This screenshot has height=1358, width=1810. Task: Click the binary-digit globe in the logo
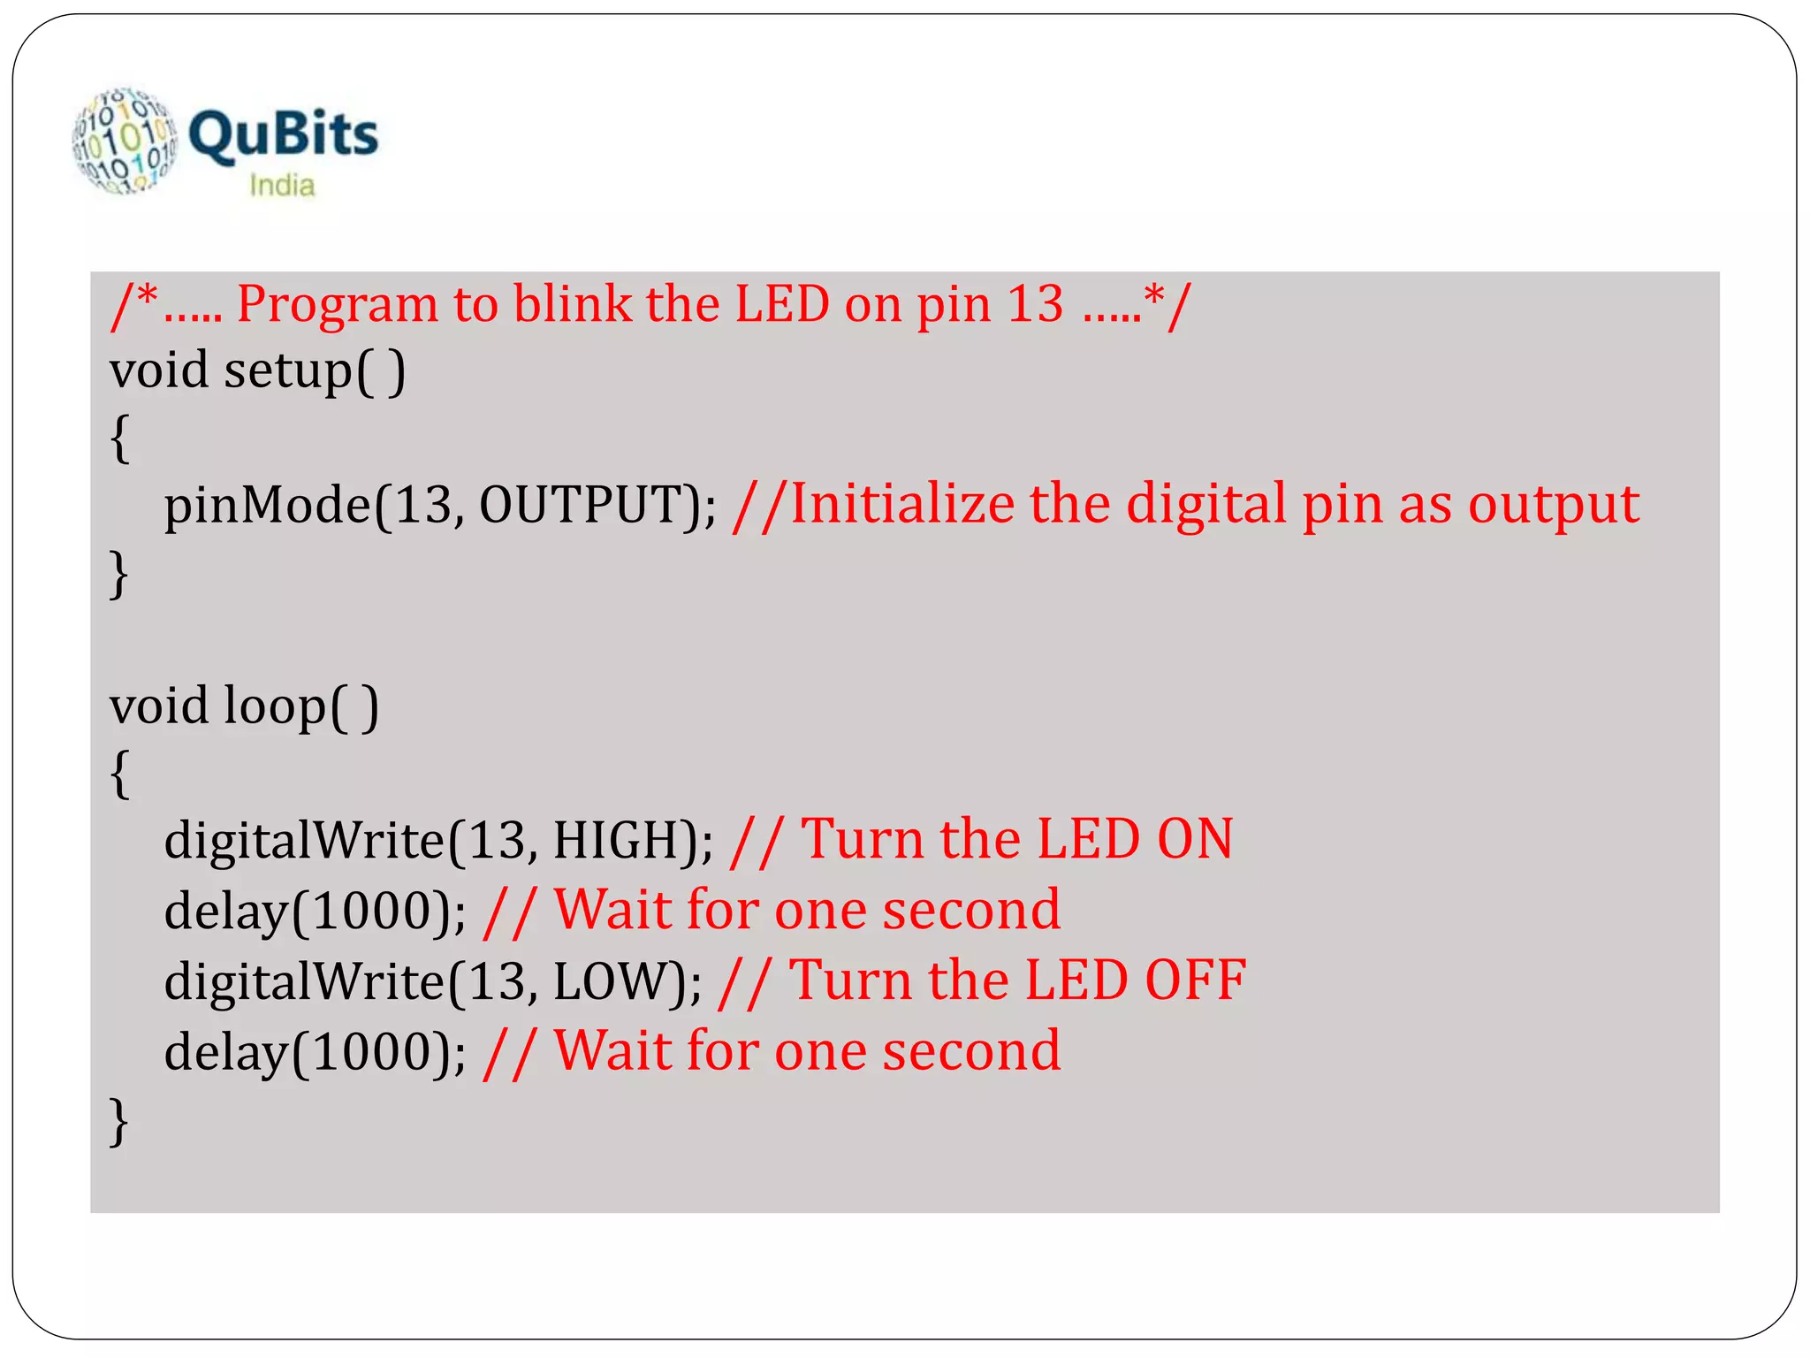coord(125,140)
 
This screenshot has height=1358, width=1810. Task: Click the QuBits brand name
coord(283,135)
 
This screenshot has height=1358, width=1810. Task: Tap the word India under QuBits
coord(282,186)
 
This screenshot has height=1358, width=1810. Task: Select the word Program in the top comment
coord(337,305)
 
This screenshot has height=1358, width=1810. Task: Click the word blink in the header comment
coord(573,304)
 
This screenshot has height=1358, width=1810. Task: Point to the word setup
coord(288,370)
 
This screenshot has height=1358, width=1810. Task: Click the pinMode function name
coord(268,506)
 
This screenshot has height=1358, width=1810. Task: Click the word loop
coord(275,706)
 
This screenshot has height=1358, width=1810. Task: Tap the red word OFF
coord(1195,980)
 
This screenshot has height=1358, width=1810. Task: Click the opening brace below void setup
coord(120,439)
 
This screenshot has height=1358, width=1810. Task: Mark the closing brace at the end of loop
coord(119,1122)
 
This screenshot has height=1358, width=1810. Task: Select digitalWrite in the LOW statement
coord(305,981)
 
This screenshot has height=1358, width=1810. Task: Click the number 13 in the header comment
coord(1035,305)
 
